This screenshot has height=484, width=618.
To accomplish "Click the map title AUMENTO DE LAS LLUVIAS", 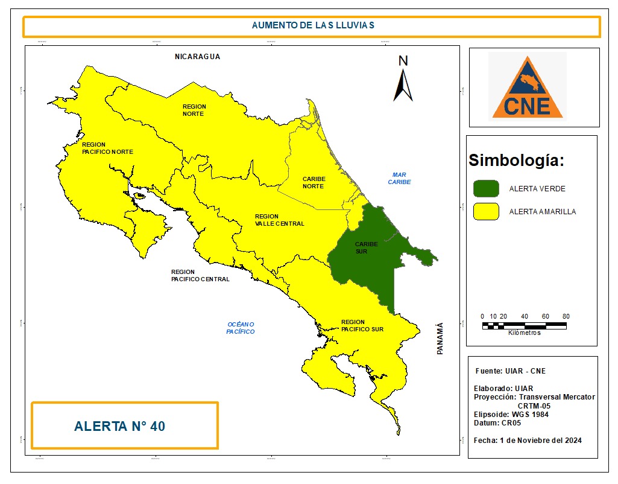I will [313, 25].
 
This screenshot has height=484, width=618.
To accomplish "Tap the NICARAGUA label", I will [198, 56].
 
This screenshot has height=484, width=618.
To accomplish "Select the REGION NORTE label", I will [194, 110].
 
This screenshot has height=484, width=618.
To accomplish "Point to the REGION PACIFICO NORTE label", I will [107, 148].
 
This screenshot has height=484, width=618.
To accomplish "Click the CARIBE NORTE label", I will [314, 182].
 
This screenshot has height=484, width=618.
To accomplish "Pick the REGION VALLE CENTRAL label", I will [279, 220].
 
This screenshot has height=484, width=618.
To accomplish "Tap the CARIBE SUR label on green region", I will [366, 247].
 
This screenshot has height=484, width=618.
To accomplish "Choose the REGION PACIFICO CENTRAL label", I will [200, 275].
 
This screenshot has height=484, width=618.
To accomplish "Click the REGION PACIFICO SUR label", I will [362, 325].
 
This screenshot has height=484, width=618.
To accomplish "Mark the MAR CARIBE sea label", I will [399, 178].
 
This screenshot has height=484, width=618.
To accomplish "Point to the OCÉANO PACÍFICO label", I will [241, 328].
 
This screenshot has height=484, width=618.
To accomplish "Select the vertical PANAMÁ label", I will [440, 337].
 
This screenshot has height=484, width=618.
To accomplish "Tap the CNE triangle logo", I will [527, 88].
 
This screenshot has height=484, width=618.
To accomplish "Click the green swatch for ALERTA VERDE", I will [486, 188].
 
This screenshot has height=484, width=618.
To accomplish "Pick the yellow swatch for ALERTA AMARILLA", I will [486, 211].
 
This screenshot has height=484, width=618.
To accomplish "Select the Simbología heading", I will [517, 161].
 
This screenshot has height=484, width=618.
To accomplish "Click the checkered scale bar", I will [524, 325].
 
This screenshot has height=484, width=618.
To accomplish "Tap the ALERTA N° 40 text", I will [119, 426].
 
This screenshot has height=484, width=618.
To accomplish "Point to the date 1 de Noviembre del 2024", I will [540, 440].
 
